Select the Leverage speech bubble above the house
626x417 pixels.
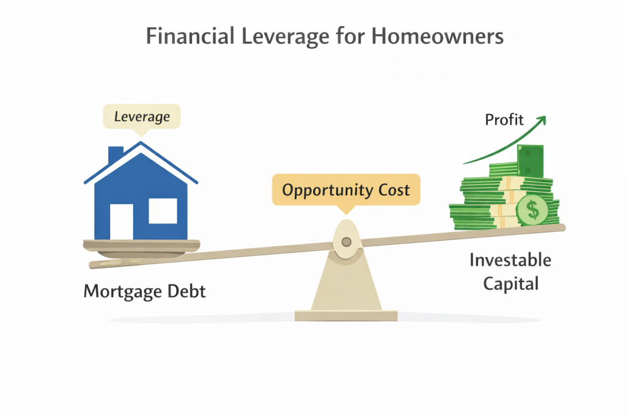(141, 115)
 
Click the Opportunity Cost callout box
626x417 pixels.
(345, 190)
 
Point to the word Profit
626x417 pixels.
(504, 119)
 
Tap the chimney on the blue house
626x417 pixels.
(115, 156)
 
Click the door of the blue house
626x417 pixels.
(121, 220)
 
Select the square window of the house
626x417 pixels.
(163, 211)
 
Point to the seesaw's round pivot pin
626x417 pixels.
(346, 242)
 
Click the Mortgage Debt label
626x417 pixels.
(144, 291)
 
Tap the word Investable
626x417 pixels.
(510, 261)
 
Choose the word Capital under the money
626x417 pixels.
(510, 284)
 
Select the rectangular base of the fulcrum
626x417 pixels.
(346, 315)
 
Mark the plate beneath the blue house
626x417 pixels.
(141, 244)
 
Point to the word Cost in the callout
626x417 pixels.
(392, 190)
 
